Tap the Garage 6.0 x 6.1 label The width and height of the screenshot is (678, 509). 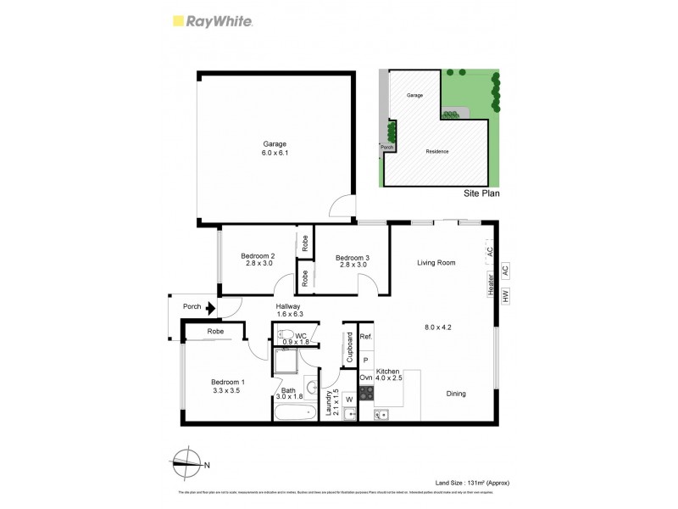(274, 148)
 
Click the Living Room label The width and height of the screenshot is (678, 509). (436, 263)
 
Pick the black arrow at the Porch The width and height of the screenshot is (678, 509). (209, 310)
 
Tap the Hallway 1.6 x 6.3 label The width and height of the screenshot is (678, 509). (289, 311)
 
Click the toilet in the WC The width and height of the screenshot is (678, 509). (286, 335)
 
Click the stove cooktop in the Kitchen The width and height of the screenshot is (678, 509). (367, 393)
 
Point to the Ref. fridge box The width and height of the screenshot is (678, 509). (366, 337)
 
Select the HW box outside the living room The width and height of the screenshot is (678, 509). (505, 297)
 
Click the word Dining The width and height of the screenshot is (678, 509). (456, 394)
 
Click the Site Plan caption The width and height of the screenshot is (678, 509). (481, 193)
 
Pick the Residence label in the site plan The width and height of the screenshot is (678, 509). (437, 152)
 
